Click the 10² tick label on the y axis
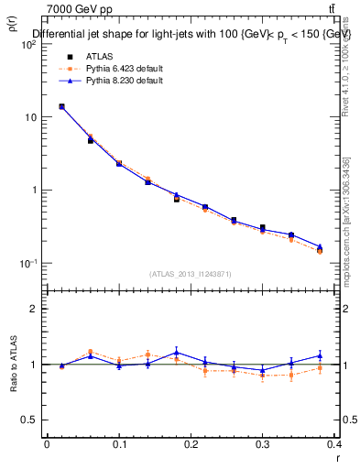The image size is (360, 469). (x=29, y=44)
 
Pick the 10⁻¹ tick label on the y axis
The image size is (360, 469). (x=29, y=264)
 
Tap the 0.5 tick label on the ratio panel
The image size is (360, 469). (x=30, y=420)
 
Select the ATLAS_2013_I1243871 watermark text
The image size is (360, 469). (x=191, y=274)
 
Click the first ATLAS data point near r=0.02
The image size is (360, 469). (x=61, y=106)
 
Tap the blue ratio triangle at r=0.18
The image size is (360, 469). (x=177, y=352)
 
